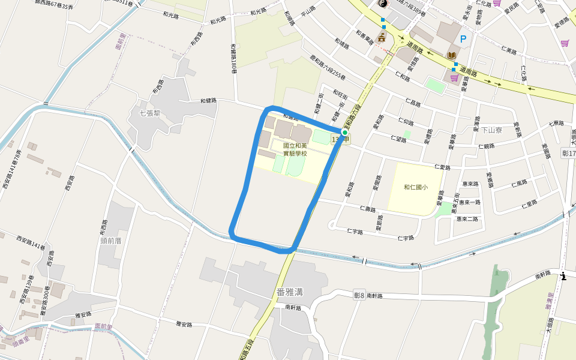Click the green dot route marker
click(x=344, y=132)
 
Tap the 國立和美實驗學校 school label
click(x=295, y=149)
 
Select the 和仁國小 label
click(x=416, y=187)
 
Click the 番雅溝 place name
click(x=289, y=292)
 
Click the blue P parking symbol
click(x=463, y=39)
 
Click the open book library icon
click(x=451, y=55)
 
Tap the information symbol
click(x=563, y=276)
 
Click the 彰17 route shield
click(x=568, y=154)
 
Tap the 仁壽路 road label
click(x=367, y=209)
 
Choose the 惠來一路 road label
click(x=469, y=202)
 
